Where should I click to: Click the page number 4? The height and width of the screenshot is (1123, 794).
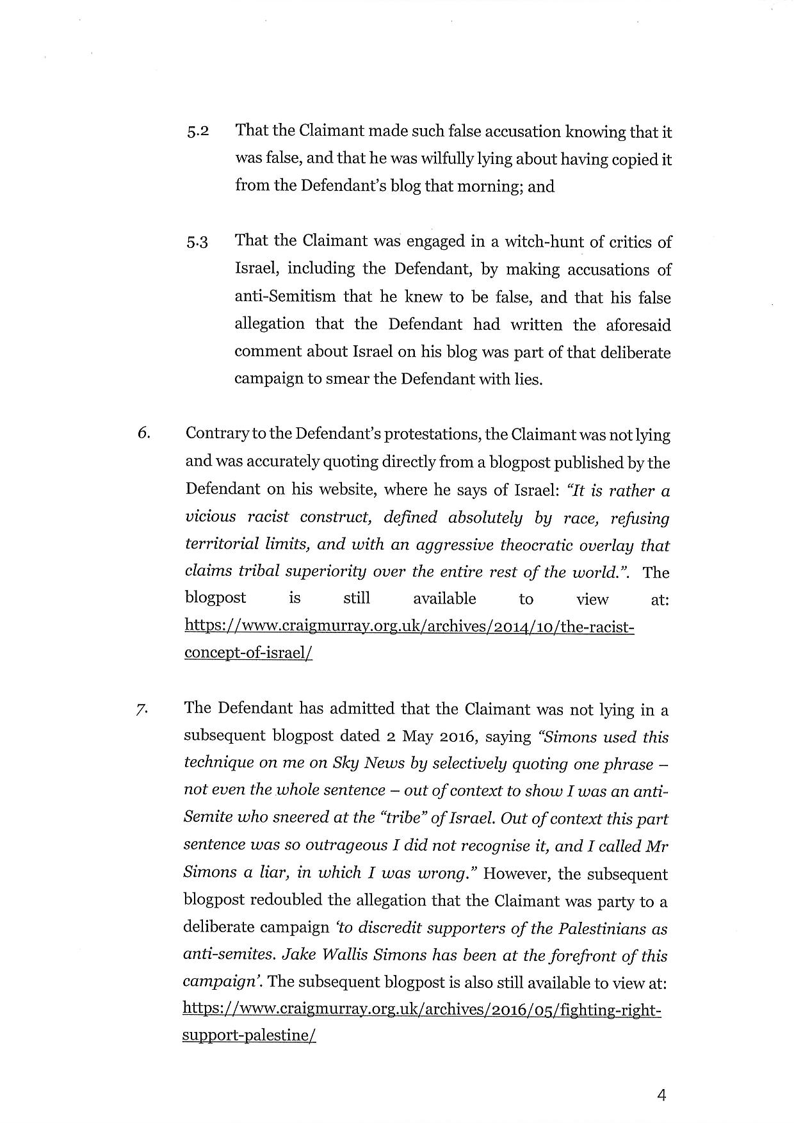661,1096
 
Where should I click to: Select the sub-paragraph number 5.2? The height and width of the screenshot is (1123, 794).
198,133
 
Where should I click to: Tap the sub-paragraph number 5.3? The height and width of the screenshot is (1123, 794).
198,243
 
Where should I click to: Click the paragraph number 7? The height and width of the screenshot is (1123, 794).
142,709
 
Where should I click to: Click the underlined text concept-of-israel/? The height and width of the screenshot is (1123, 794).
248,653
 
